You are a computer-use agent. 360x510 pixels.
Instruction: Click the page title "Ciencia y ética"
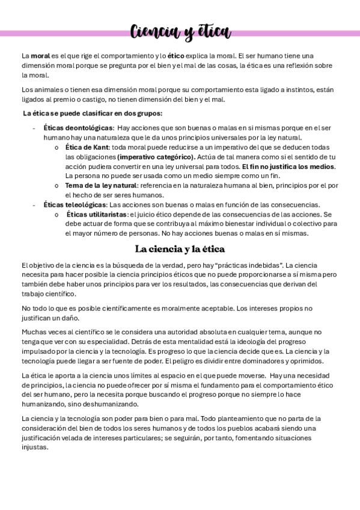(180, 31)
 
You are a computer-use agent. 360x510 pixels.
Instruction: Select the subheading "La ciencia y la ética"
(180, 248)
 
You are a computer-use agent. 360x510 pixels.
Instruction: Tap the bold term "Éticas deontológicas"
(78, 128)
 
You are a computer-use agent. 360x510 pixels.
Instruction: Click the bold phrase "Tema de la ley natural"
(100, 185)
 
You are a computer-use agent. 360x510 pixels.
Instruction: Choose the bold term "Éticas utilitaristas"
(96, 214)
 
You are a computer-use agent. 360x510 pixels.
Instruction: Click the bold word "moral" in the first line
(41, 55)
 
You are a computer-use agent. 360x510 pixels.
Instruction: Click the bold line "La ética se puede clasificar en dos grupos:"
(93, 113)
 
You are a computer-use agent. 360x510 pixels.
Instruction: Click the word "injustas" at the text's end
(34, 447)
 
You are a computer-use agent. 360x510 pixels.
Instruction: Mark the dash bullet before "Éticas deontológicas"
(34, 128)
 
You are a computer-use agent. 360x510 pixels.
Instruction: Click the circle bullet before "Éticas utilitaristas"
(56, 215)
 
